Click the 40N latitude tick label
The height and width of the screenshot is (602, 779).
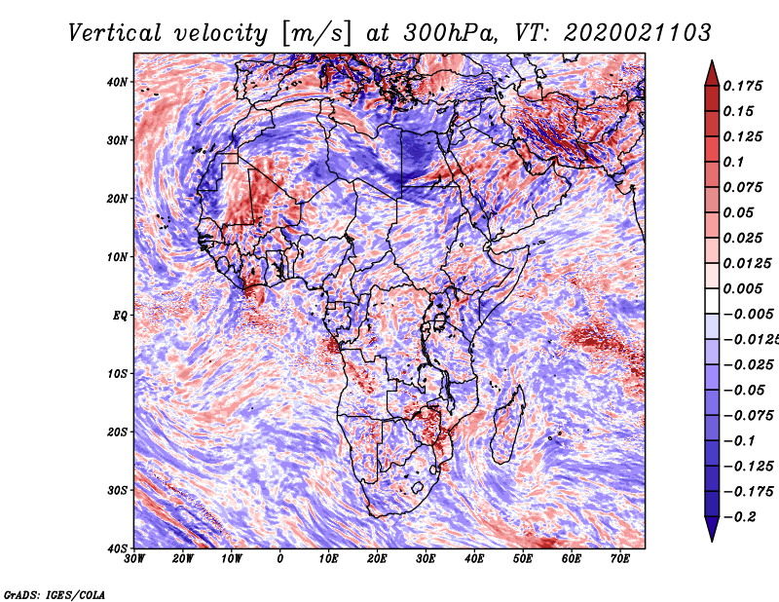[117, 82]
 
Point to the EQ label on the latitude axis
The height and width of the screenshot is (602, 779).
[120, 315]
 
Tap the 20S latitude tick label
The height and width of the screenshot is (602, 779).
[117, 432]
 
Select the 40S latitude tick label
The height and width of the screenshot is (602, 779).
[117, 547]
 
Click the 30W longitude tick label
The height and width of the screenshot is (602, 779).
[134, 559]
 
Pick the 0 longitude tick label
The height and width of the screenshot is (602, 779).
[280, 559]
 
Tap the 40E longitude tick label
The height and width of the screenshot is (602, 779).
[474, 559]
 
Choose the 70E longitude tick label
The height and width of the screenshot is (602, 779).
[620, 559]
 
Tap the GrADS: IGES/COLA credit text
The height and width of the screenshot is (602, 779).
[55, 593]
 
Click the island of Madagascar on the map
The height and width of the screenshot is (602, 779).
[506, 424]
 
